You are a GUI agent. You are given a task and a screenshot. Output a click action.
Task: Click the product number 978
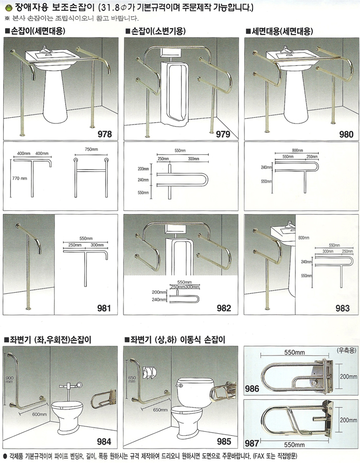pos(105,134)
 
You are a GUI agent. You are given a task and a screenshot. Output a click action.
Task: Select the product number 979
pos(223,134)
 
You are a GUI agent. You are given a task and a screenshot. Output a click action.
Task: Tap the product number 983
pos(343,308)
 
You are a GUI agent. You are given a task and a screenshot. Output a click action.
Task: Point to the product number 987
pos(251,443)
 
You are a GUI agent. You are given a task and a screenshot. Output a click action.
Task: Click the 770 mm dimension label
pos(20,179)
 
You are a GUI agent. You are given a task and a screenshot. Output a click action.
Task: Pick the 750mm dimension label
pos(91,149)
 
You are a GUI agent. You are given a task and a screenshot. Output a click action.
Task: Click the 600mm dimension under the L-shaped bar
pos(39,414)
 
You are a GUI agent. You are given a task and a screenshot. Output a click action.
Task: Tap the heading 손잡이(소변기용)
pos(156,31)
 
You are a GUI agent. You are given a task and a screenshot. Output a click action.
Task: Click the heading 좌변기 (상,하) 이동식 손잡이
pos(175,340)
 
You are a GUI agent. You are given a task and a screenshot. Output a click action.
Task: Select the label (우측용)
pos(347,350)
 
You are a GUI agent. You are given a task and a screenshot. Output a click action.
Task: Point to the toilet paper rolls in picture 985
pos(149,372)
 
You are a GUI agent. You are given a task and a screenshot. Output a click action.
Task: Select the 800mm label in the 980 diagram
pos(297,150)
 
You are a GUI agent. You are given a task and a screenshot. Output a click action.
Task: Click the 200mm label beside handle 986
pos(348,377)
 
